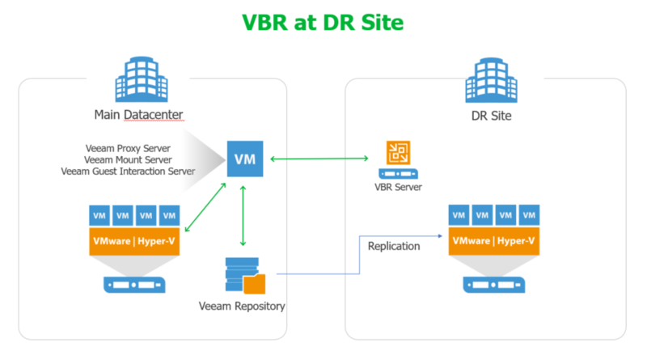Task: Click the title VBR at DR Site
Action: (323, 22)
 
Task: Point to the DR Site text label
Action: (485, 116)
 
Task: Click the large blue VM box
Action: (244, 159)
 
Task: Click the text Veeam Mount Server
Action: (132, 159)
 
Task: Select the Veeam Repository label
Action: (242, 306)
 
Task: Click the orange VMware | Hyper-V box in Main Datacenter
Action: (133, 240)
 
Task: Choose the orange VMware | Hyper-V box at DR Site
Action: (493, 240)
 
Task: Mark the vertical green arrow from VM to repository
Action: (243, 214)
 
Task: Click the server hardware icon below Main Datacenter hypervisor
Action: (133, 285)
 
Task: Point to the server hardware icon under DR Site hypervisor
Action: (493, 285)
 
